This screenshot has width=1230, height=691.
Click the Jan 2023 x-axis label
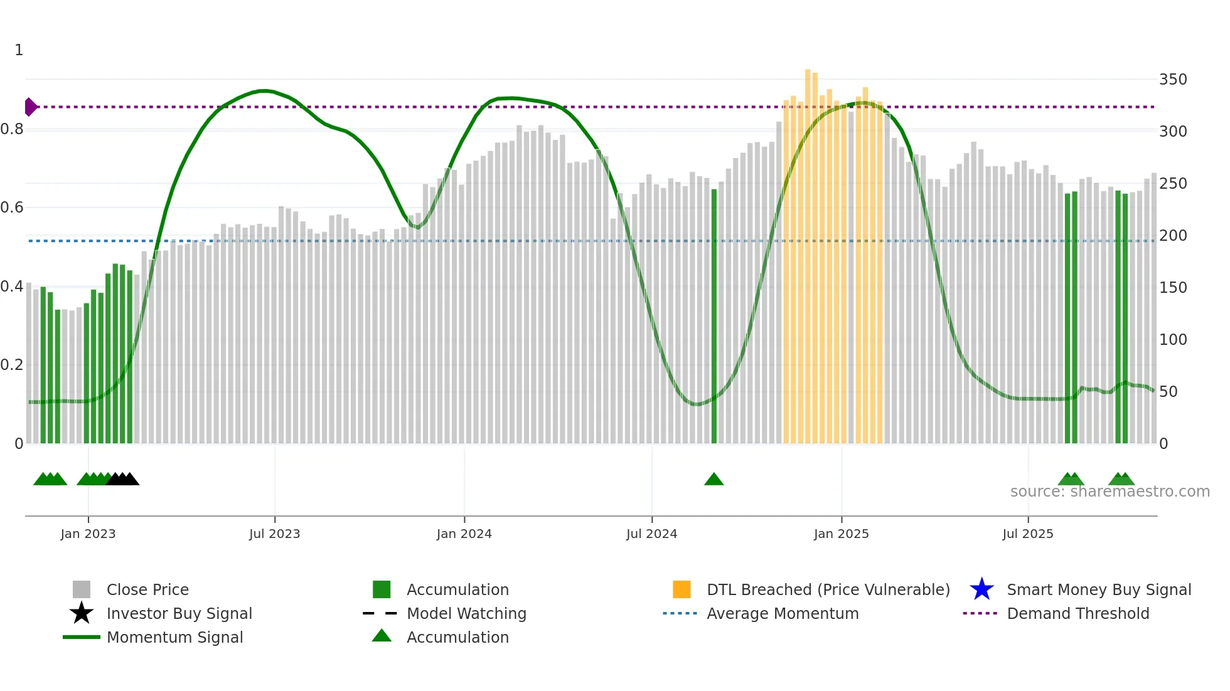pos(88,534)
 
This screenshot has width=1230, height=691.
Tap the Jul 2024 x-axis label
pos(651,534)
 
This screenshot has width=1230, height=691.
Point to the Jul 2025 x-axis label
pos(1027,534)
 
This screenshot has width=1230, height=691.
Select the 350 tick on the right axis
pos(1172,80)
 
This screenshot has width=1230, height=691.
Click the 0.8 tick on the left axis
pos(12,129)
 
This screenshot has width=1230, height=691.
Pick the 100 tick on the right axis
pos(1172,340)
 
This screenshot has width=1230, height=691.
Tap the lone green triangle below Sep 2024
pos(714,480)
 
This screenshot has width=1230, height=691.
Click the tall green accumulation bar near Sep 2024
pos(714,314)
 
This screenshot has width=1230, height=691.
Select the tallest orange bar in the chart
pos(808,251)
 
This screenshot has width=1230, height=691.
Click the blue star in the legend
pos(981,589)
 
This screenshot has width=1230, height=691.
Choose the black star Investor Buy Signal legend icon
pos(82,613)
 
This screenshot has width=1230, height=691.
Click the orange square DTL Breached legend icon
pos(682,589)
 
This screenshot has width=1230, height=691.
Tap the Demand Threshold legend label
pos(1078,613)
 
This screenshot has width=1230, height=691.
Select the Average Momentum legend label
pos(783,613)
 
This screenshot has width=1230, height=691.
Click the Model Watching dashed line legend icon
pos(380,613)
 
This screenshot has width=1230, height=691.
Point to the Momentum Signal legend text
pos(174,637)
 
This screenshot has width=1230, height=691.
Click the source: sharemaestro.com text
pos(1110,492)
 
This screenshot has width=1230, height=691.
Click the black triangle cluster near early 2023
pos(122,479)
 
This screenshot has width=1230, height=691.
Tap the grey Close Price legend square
pos(82,589)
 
